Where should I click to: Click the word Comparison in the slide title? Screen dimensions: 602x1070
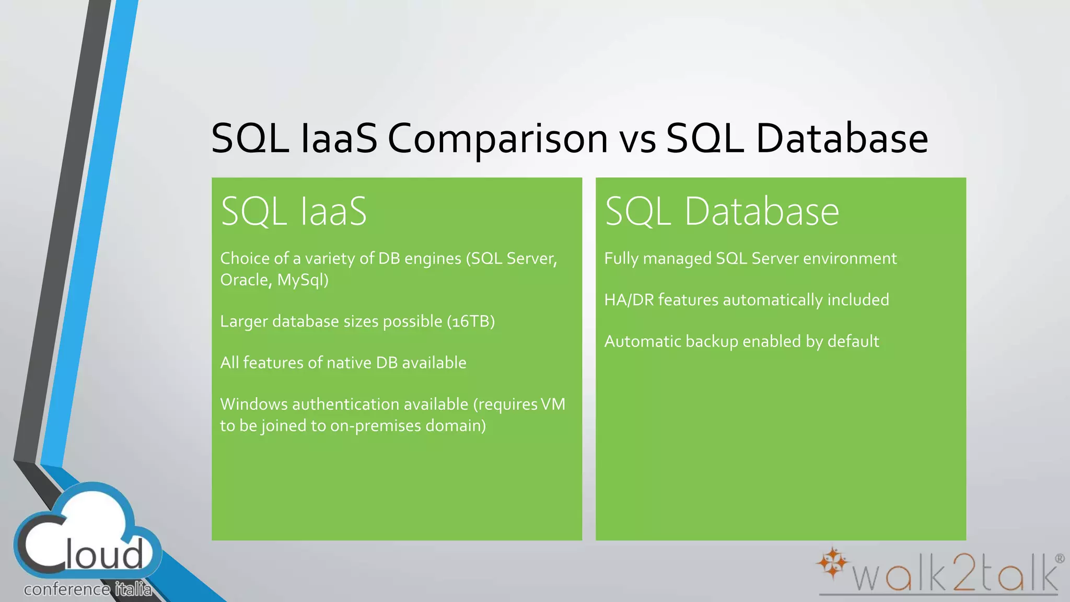click(497, 139)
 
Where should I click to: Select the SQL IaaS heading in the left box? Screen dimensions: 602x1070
click(294, 211)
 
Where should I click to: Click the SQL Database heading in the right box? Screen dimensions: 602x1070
click(722, 211)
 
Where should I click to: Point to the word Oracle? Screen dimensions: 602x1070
click(244, 280)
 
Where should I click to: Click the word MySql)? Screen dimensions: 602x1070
click(303, 280)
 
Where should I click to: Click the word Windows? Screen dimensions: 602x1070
click(253, 404)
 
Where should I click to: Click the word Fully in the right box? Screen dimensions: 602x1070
click(621, 259)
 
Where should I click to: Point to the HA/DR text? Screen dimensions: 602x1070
click(629, 300)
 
